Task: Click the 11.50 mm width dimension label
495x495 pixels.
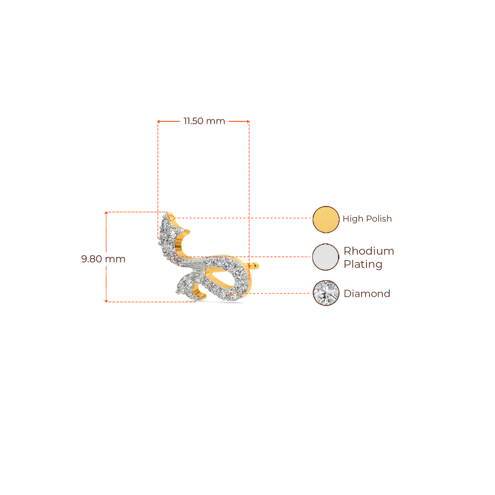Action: pyautogui.click(x=204, y=121)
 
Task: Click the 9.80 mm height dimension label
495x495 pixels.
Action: pyautogui.click(x=103, y=259)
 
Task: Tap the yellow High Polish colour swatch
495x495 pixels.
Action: pyautogui.click(x=326, y=219)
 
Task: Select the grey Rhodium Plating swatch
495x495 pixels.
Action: pyautogui.click(x=326, y=257)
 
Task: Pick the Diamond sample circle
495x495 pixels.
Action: pyautogui.click(x=326, y=293)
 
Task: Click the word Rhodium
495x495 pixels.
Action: pyautogui.click(x=369, y=251)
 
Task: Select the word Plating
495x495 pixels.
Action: pyautogui.click(x=363, y=264)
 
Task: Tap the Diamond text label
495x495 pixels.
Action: pyautogui.click(x=367, y=293)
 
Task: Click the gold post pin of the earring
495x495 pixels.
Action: pyautogui.click(x=254, y=266)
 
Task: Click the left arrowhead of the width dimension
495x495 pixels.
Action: pyautogui.click(x=159, y=121)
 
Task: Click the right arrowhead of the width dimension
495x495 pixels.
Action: pyautogui.click(x=248, y=121)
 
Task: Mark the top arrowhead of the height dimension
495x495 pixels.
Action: pyautogui.click(x=106, y=213)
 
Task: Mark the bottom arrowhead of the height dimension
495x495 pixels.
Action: pyautogui.click(x=106, y=301)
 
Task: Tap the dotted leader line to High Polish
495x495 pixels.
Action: pyautogui.click(x=242, y=218)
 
